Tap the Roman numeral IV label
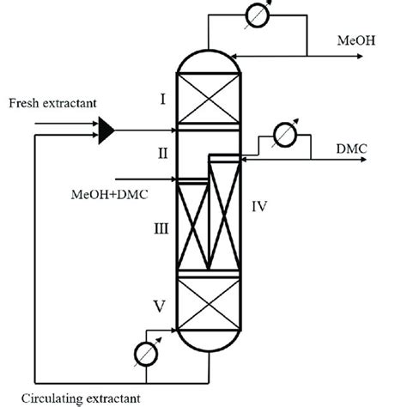tap(261, 207)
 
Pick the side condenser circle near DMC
tap(280, 135)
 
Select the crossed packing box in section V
tap(208, 302)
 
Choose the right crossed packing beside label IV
tap(225, 214)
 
